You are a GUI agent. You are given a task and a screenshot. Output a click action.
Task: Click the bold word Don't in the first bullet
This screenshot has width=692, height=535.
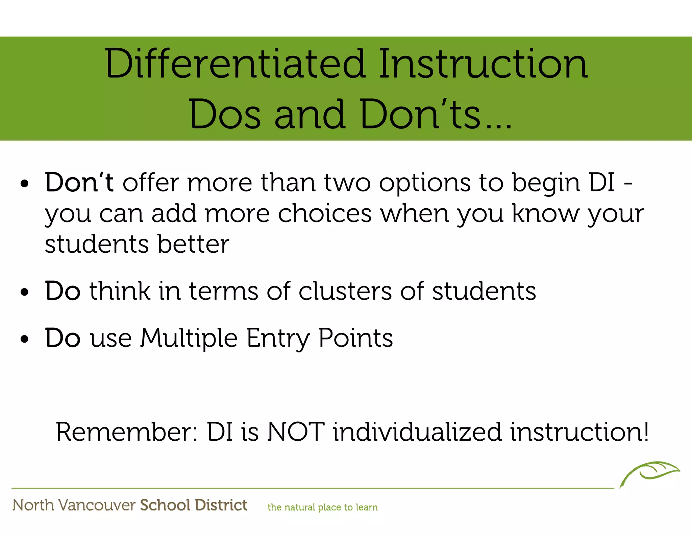point(79,183)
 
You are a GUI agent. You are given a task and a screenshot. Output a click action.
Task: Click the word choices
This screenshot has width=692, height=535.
point(325,214)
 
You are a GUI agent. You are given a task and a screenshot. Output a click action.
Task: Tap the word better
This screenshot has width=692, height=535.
point(193,244)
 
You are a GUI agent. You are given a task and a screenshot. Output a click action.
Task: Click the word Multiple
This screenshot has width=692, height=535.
point(189,338)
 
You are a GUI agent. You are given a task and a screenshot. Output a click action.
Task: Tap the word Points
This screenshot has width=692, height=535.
point(356,338)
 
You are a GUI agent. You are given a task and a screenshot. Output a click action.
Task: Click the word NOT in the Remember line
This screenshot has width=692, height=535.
point(296,432)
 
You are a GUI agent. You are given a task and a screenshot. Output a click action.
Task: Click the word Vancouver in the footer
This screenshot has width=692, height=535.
point(97,505)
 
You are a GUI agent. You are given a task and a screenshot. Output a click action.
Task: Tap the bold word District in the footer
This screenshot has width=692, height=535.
point(221,505)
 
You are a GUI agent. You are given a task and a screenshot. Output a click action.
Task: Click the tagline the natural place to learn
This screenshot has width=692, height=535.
point(322,507)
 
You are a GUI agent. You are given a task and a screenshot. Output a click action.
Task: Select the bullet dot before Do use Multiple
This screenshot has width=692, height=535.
point(25,339)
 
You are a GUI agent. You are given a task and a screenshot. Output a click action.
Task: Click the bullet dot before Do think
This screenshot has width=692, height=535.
point(25,292)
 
